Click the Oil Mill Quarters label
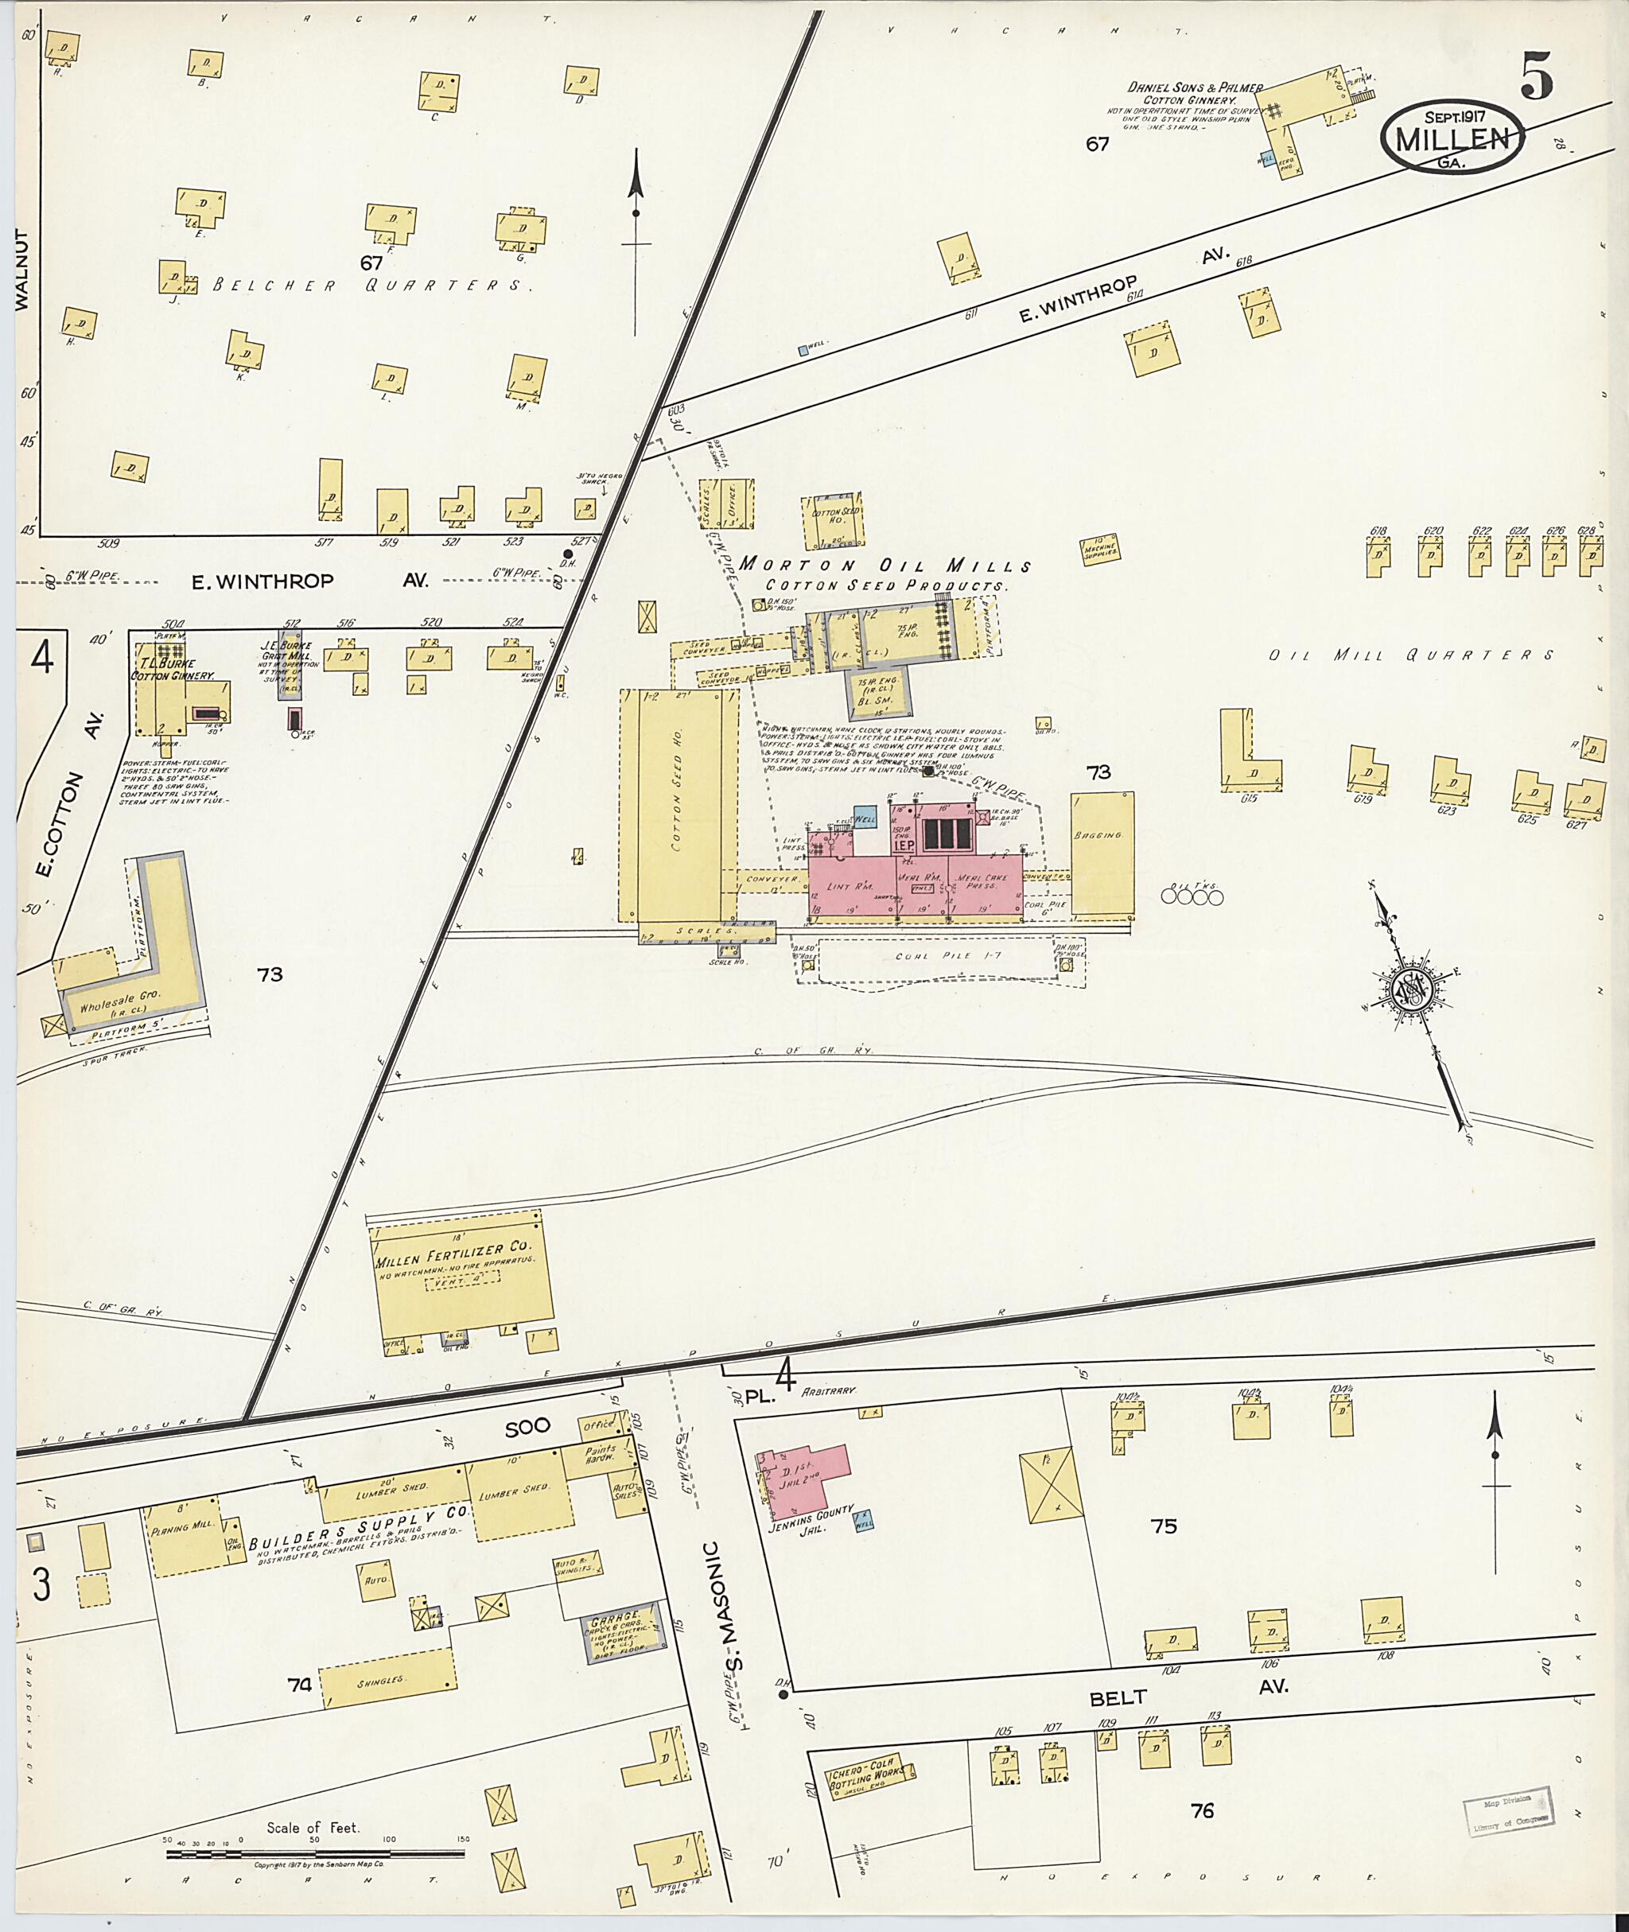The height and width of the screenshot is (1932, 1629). tap(1410, 655)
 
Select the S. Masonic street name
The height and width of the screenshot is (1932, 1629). tap(734, 1604)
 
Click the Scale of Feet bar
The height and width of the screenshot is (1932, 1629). tap(314, 1850)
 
